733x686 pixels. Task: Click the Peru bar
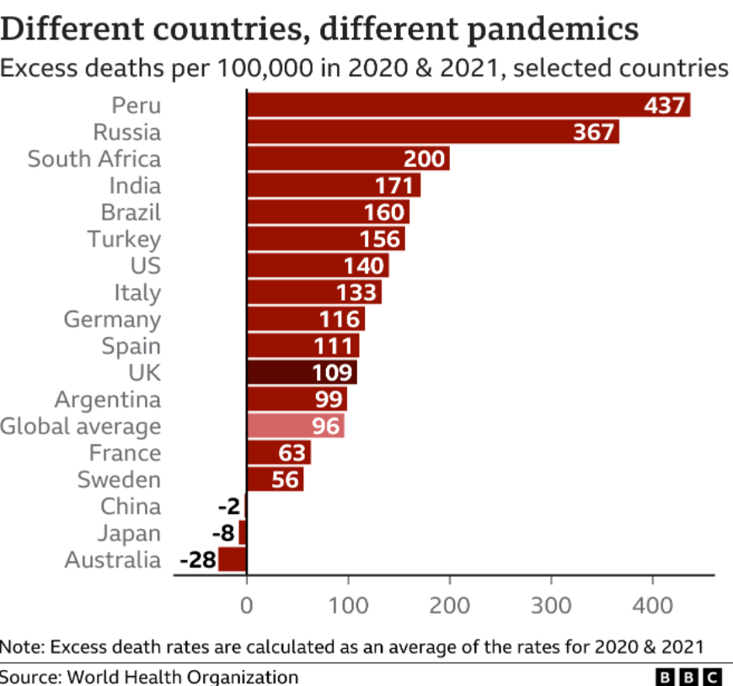coord(468,105)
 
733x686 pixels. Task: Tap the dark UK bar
coord(302,373)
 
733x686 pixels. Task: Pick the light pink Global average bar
coord(295,426)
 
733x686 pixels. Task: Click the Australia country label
coord(112,560)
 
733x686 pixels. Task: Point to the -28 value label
coord(198,560)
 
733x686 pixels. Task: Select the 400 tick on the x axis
coord(653,605)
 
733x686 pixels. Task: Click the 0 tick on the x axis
coord(247,605)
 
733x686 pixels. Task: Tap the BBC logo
coord(688,676)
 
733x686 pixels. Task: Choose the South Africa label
coord(94,159)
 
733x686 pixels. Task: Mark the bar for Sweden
coord(275,480)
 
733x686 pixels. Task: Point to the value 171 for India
coord(394,186)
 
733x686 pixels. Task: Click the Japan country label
coord(128,534)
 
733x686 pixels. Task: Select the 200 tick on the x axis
coord(450,605)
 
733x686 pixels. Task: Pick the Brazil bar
coord(328,212)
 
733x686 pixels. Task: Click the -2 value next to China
coord(228,507)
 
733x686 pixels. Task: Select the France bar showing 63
coord(278,453)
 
